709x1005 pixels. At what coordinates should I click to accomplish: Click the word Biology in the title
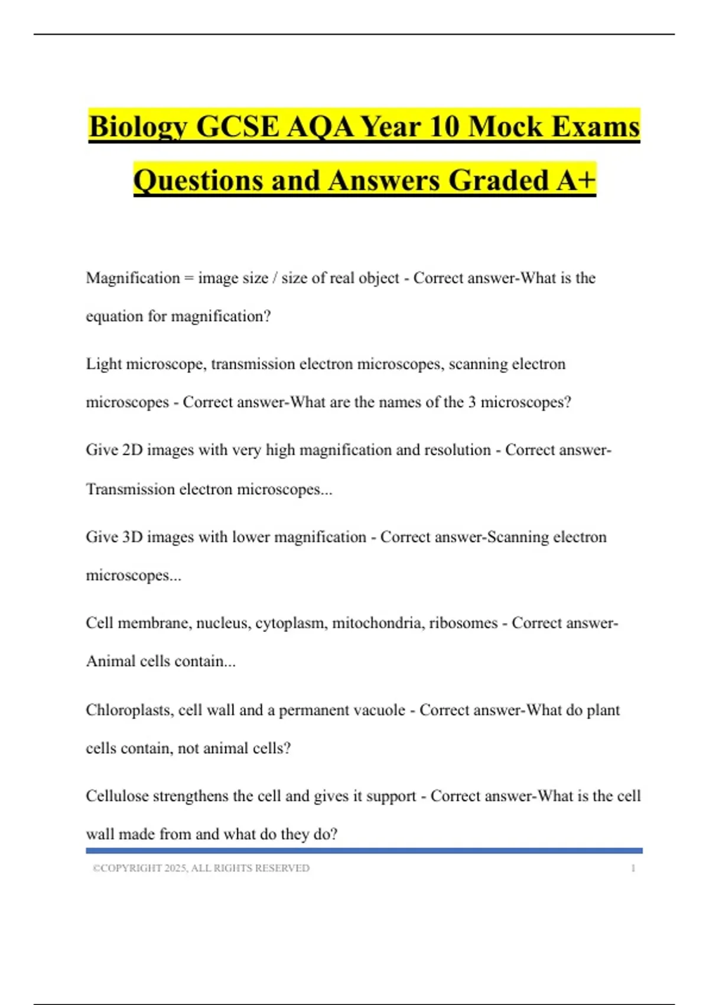coord(138,127)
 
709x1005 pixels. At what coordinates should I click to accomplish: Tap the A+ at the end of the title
coord(575,180)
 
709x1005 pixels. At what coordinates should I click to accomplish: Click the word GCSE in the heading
coord(237,127)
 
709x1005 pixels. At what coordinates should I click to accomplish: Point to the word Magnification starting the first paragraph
coord(133,278)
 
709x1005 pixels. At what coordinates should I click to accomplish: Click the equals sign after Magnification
coord(188,278)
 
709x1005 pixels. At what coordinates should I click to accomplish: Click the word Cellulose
coord(117,796)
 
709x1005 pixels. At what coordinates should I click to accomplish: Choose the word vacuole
coord(377,710)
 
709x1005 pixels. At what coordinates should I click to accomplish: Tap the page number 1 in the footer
coord(633,868)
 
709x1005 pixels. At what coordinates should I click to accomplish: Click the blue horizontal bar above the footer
coord(364,851)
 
